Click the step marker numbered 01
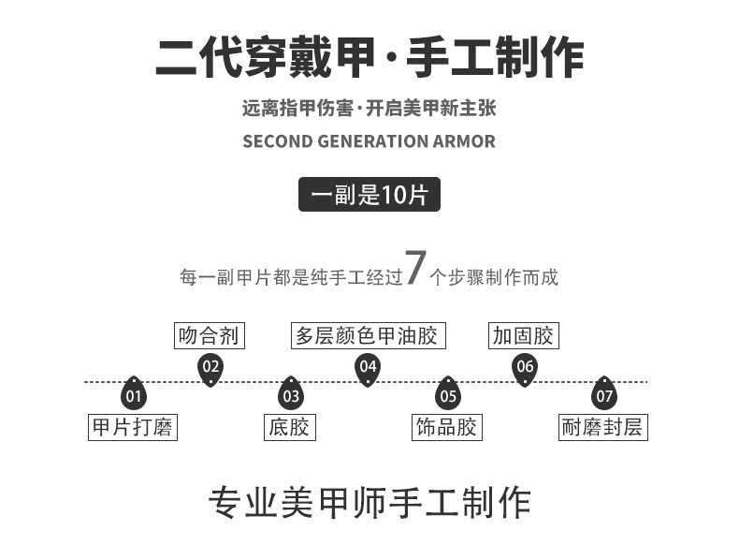coord(134,394)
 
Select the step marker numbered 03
coord(291,394)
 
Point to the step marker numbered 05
coord(448,394)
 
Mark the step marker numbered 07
coord(605,394)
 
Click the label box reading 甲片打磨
coord(133,427)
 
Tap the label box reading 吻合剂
coord(210,335)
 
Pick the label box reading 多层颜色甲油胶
coord(367,335)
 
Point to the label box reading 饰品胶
coord(447,427)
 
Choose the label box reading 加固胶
coord(524,335)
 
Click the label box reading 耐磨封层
coord(603,427)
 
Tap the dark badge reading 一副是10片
coord(369,195)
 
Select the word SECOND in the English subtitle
coord(272,142)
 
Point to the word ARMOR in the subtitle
coord(464,142)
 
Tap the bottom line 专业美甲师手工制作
coord(369,503)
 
